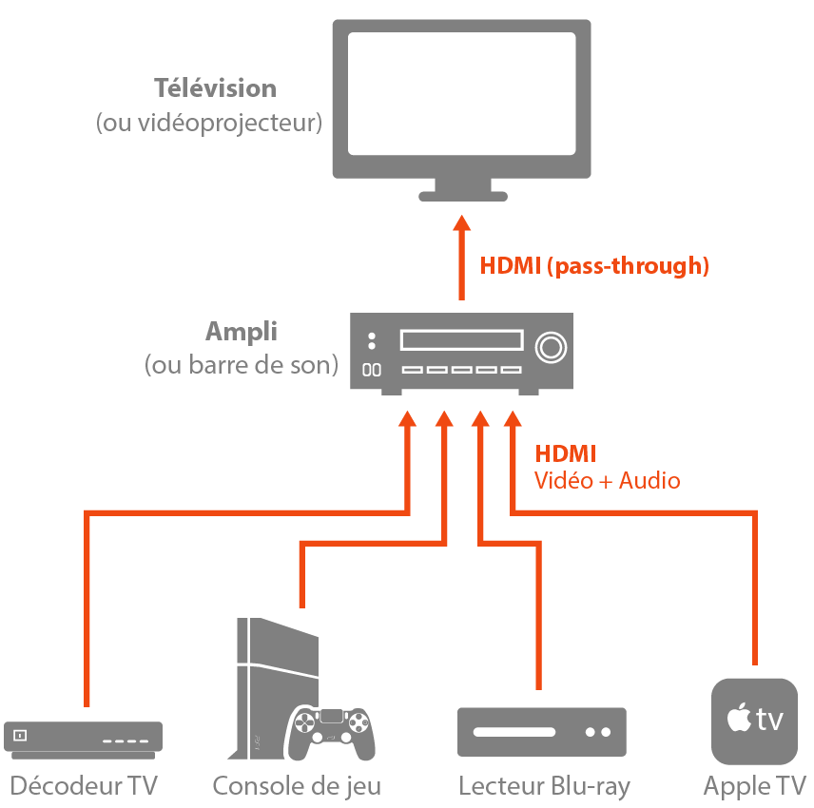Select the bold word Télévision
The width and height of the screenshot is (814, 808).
pyautogui.click(x=215, y=88)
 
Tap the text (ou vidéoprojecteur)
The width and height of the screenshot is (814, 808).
pyautogui.click(x=209, y=124)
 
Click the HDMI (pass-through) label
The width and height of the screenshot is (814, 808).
pyautogui.click(x=594, y=266)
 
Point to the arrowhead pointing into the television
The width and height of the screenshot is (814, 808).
pyautogui.click(x=461, y=224)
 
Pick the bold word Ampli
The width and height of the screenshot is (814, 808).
pyautogui.click(x=242, y=333)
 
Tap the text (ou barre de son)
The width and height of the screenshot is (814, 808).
pyautogui.click(x=242, y=365)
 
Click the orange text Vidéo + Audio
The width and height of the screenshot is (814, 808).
pyautogui.click(x=607, y=481)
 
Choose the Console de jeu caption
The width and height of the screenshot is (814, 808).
pyautogui.click(x=297, y=786)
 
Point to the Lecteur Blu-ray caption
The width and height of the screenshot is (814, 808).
pyautogui.click(x=544, y=786)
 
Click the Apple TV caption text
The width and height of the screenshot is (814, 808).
pyautogui.click(x=754, y=786)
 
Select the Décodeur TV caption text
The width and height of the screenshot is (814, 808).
pyautogui.click(x=84, y=786)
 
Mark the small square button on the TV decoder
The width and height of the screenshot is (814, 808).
pyautogui.click(x=20, y=735)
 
